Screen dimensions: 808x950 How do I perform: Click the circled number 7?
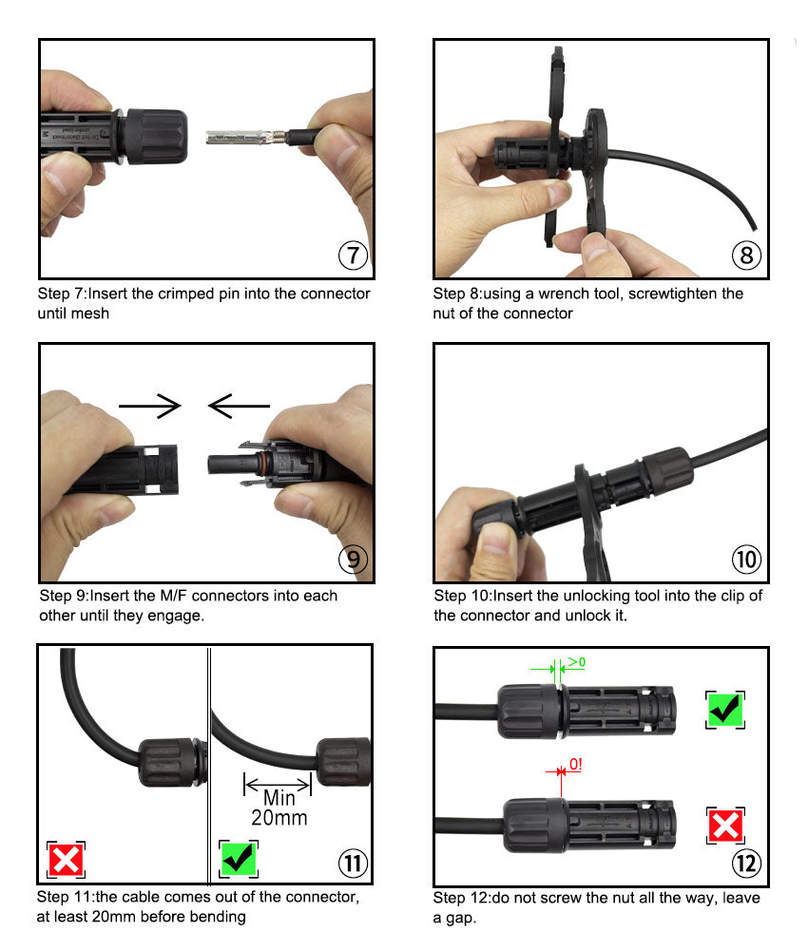point(353,255)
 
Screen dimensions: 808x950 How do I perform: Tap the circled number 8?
point(747,255)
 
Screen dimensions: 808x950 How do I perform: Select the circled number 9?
point(353,559)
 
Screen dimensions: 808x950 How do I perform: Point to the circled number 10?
point(747,559)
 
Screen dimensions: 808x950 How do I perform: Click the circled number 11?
point(353,864)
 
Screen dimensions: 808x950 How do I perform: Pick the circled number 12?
point(747,864)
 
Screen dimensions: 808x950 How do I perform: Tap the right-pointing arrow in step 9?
point(150,406)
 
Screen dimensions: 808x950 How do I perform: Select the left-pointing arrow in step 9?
point(239,406)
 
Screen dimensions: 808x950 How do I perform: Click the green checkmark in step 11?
point(239,859)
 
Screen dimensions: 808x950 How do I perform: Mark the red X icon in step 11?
point(67,860)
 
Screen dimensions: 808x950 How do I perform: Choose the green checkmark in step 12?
point(725,710)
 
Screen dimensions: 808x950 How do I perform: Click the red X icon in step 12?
point(725,826)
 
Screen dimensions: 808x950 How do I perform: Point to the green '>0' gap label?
point(576,662)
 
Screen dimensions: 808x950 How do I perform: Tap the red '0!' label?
point(575,764)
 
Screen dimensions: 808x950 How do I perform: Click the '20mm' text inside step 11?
point(279,818)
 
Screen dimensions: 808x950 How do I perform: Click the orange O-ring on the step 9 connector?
point(260,464)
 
